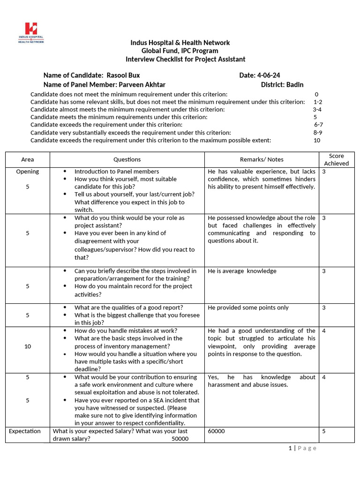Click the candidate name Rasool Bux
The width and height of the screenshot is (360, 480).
[x=123, y=75]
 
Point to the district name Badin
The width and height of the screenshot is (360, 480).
[x=295, y=84]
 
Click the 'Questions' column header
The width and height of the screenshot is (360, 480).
[x=127, y=159]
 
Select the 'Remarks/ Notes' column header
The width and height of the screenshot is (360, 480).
[x=262, y=159]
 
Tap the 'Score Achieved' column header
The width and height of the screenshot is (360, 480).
[x=336, y=159]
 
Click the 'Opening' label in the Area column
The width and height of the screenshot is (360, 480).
[x=28, y=172]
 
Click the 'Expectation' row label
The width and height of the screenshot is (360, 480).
[x=25, y=431]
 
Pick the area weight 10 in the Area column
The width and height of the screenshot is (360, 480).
[x=28, y=346]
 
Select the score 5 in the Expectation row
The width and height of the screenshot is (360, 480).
[x=324, y=431]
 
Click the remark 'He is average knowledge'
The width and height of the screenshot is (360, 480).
[x=242, y=271]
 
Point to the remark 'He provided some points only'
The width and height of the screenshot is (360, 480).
[x=248, y=307]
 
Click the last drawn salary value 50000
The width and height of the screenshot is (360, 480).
[x=180, y=439]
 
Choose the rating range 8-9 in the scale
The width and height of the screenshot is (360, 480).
[x=317, y=133]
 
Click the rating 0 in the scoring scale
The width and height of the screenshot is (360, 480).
[x=316, y=94]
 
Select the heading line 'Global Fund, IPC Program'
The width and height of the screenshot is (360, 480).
[x=180, y=51]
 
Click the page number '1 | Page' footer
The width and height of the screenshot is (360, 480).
[x=302, y=448]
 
